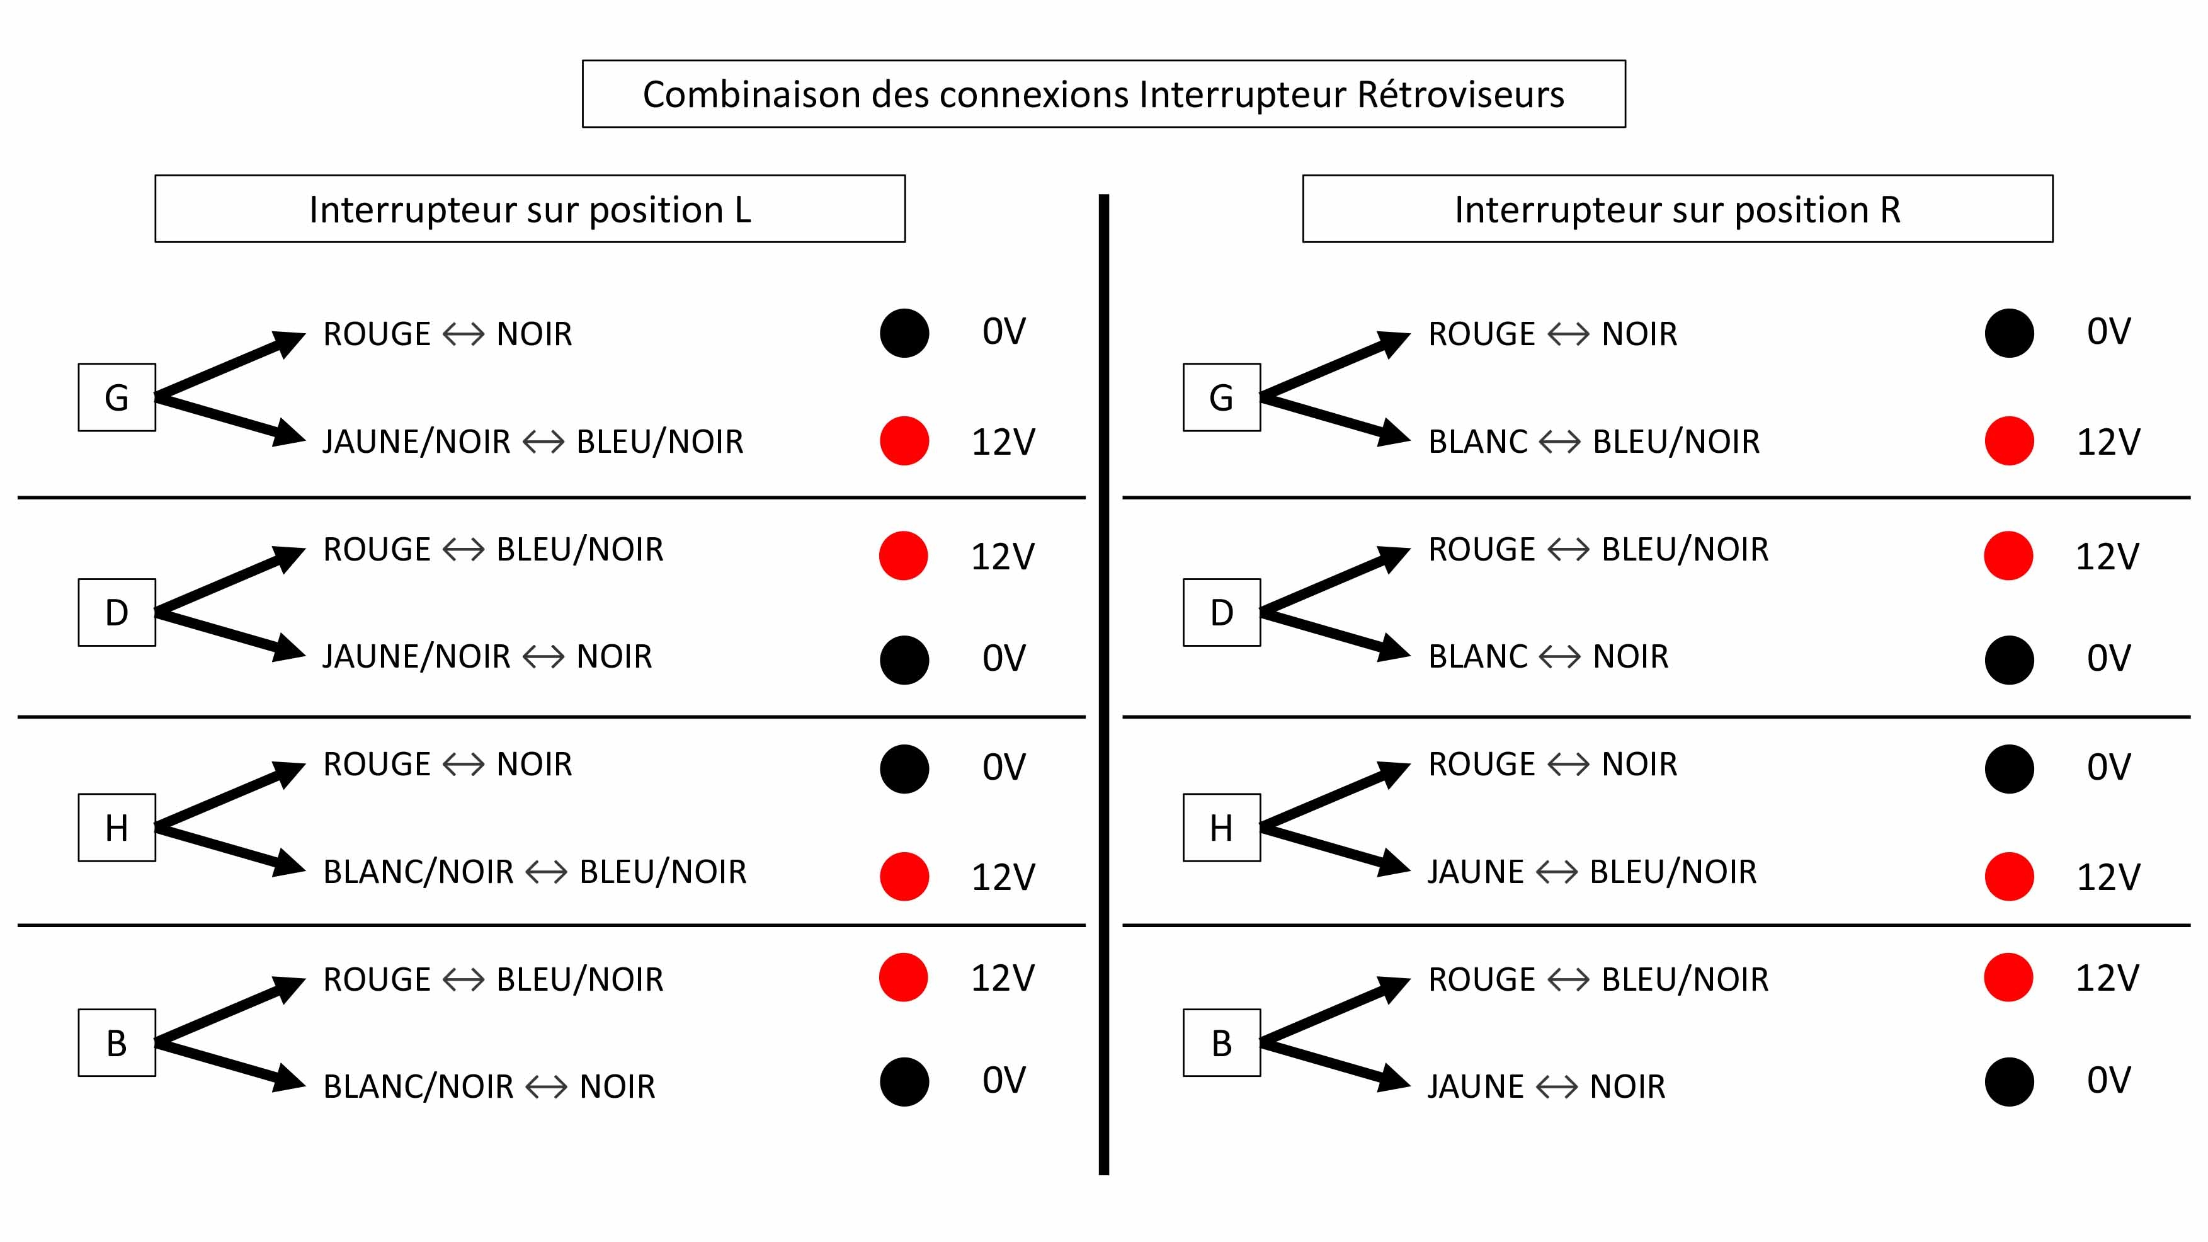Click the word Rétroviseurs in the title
1460,94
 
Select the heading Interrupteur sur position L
530,209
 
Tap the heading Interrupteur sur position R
1678,209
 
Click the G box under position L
117,397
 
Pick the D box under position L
117,612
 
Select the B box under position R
1221,1042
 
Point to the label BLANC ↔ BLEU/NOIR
1593,442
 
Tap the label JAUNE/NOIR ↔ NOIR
487,656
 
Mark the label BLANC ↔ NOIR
1548,656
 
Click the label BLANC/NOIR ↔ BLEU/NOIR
535,872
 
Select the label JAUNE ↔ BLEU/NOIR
1591,872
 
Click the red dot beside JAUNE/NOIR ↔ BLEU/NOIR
904,441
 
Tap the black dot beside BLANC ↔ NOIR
2009,660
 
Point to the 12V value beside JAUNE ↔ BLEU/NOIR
2108,876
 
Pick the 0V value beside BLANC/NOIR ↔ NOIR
1004,1080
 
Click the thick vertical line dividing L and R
1104,685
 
